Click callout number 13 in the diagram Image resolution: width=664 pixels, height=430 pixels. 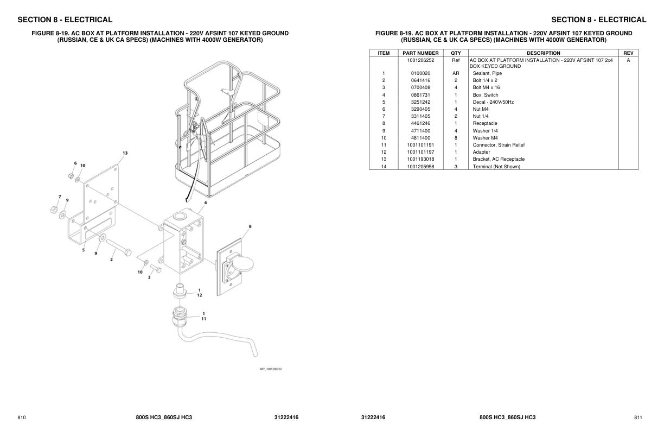pos(125,153)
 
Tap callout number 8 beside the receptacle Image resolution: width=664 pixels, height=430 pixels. pos(250,226)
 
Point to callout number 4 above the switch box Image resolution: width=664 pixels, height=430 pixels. pos(205,203)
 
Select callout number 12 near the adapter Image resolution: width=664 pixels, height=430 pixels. pos(200,295)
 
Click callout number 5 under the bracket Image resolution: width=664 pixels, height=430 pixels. pos(84,250)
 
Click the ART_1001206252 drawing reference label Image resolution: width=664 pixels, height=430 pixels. pos(271,369)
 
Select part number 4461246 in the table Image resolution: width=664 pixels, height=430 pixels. pos(420,123)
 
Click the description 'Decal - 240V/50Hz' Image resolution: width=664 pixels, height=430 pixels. pos(493,102)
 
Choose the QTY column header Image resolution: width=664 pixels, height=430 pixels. pos(456,53)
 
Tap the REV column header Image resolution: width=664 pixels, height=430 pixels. pos(628,53)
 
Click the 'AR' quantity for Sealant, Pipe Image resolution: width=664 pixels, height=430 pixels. pos(456,73)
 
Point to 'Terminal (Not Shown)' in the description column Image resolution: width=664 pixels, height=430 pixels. pos(496,167)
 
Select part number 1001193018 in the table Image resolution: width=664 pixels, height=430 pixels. pos(420,159)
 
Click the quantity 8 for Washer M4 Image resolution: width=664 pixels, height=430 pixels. pos(456,138)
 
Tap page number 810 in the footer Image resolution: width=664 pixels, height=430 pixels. pos(22,418)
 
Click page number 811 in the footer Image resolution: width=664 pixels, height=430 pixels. pos(638,418)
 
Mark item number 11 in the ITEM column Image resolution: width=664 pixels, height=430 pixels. pos(384,145)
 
